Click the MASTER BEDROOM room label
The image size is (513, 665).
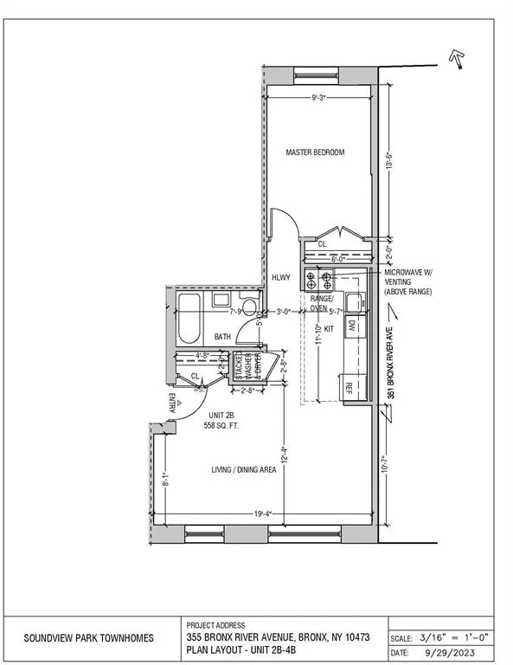click(316, 152)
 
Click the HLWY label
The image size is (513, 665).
click(281, 278)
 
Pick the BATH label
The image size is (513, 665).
click(222, 337)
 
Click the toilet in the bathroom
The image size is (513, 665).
click(248, 306)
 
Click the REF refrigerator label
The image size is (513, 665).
click(350, 387)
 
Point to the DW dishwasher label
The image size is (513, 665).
click(352, 326)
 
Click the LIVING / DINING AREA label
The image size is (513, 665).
click(244, 470)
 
